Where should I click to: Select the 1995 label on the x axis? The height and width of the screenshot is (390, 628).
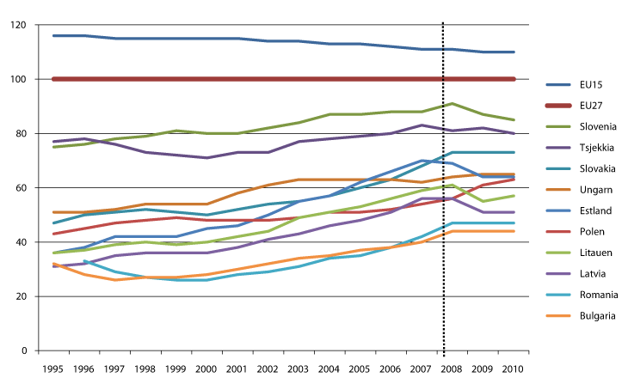point(53,367)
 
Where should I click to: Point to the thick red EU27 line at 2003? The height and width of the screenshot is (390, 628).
point(298,80)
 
